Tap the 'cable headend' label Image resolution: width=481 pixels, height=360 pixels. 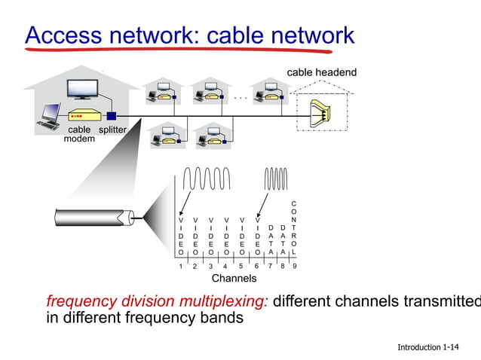(321, 72)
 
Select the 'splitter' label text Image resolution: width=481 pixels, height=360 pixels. (110, 130)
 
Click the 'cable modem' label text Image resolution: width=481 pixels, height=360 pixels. (78, 135)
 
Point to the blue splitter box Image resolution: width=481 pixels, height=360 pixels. (112, 116)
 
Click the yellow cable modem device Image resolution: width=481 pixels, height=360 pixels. (84, 117)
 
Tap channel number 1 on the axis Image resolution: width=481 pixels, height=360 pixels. (181, 266)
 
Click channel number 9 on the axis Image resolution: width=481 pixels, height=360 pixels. (293, 266)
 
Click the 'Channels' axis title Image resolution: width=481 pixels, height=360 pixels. (234, 279)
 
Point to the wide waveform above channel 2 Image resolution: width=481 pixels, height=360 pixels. (204, 180)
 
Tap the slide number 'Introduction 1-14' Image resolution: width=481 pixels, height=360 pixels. (427, 347)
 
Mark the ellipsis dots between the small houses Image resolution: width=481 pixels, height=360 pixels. (240, 97)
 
